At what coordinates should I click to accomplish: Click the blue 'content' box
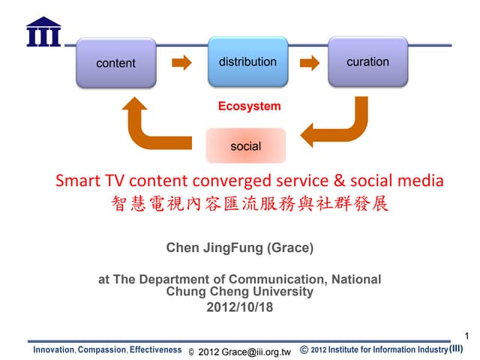[115, 63]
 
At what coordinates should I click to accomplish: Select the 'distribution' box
[247, 61]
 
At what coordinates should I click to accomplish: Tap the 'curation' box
[367, 61]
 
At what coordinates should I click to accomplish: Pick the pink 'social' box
[245, 146]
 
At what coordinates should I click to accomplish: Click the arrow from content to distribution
[182, 63]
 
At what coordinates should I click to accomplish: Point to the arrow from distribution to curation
[308, 62]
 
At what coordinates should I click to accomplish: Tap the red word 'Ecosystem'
[249, 106]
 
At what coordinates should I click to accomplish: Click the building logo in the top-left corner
[43, 31]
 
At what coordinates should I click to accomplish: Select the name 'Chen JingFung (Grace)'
[240, 247]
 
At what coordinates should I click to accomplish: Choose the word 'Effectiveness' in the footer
[155, 350]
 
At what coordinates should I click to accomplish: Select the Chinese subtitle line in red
[250, 203]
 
